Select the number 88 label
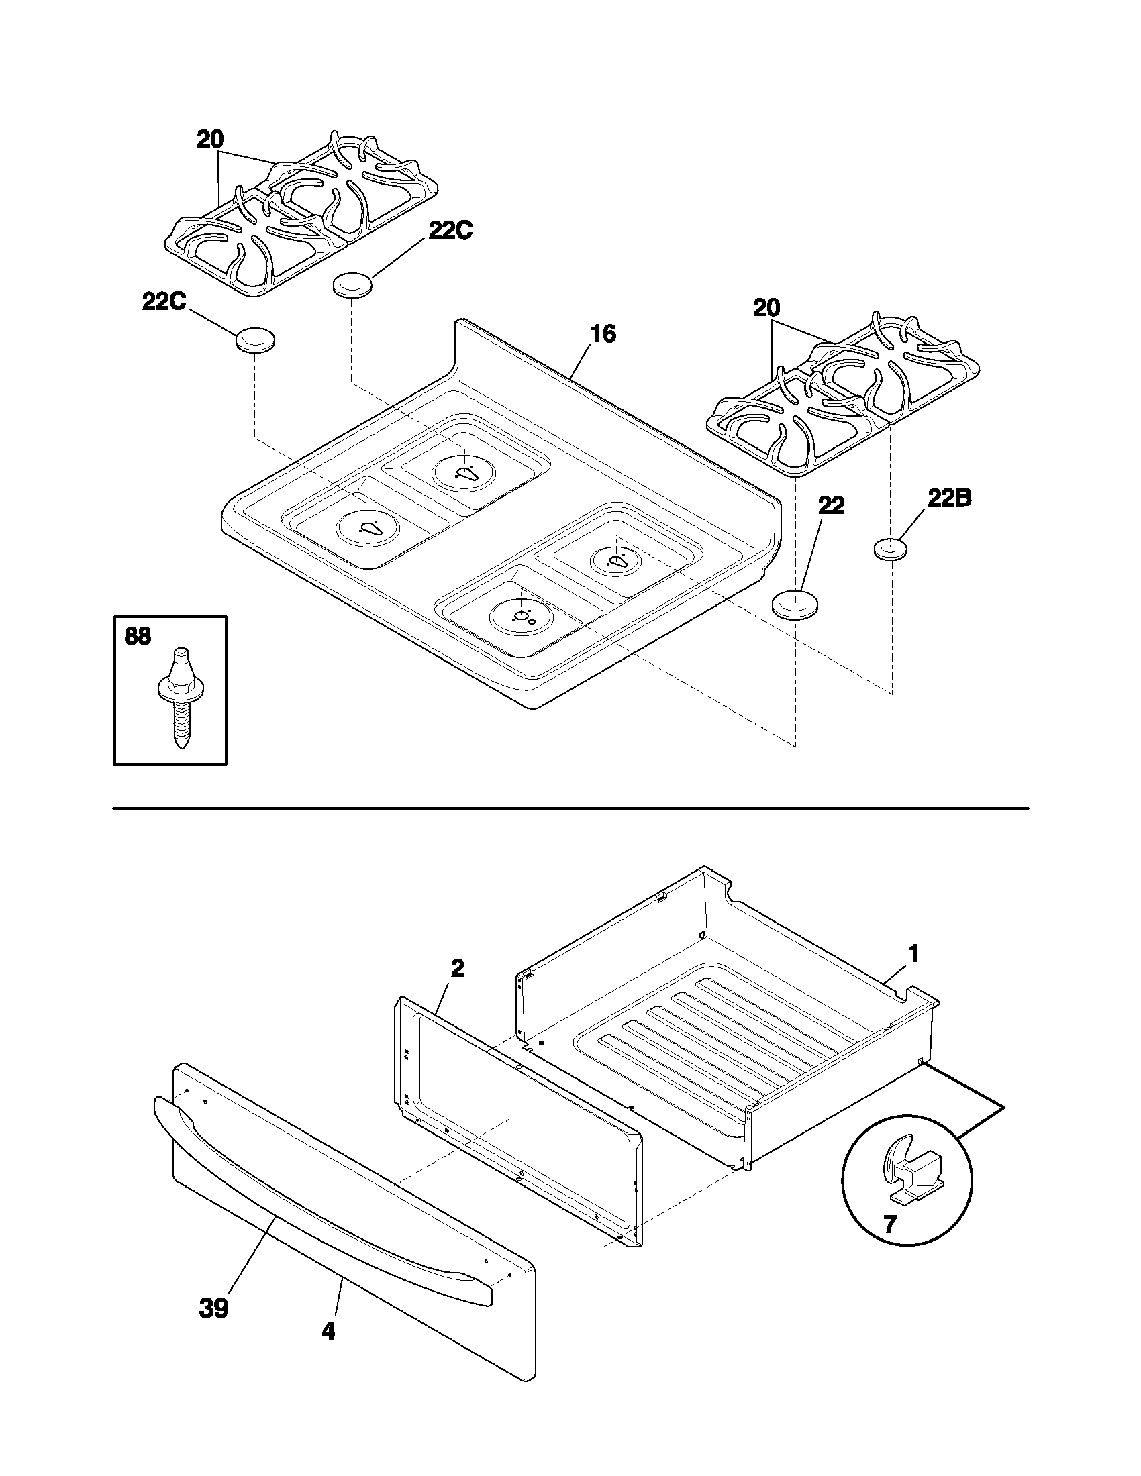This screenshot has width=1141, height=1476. [x=138, y=637]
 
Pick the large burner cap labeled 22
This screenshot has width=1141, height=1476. [x=795, y=603]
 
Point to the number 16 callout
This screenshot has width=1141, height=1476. [x=603, y=334]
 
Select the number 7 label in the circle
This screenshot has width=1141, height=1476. [x=889, y=1224]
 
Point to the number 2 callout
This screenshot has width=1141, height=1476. [x=457, y=969]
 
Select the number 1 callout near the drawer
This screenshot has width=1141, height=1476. [x=913, y=954]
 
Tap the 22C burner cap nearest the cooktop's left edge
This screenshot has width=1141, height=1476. [x=255, y=340]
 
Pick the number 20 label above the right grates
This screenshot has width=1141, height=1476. [x=766, y=309]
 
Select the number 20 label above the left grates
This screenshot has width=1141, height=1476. [x=210, y=141]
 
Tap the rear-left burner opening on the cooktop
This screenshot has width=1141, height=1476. [x=464, y=471]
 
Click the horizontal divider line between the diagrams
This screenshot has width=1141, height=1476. [x=570, y=808]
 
